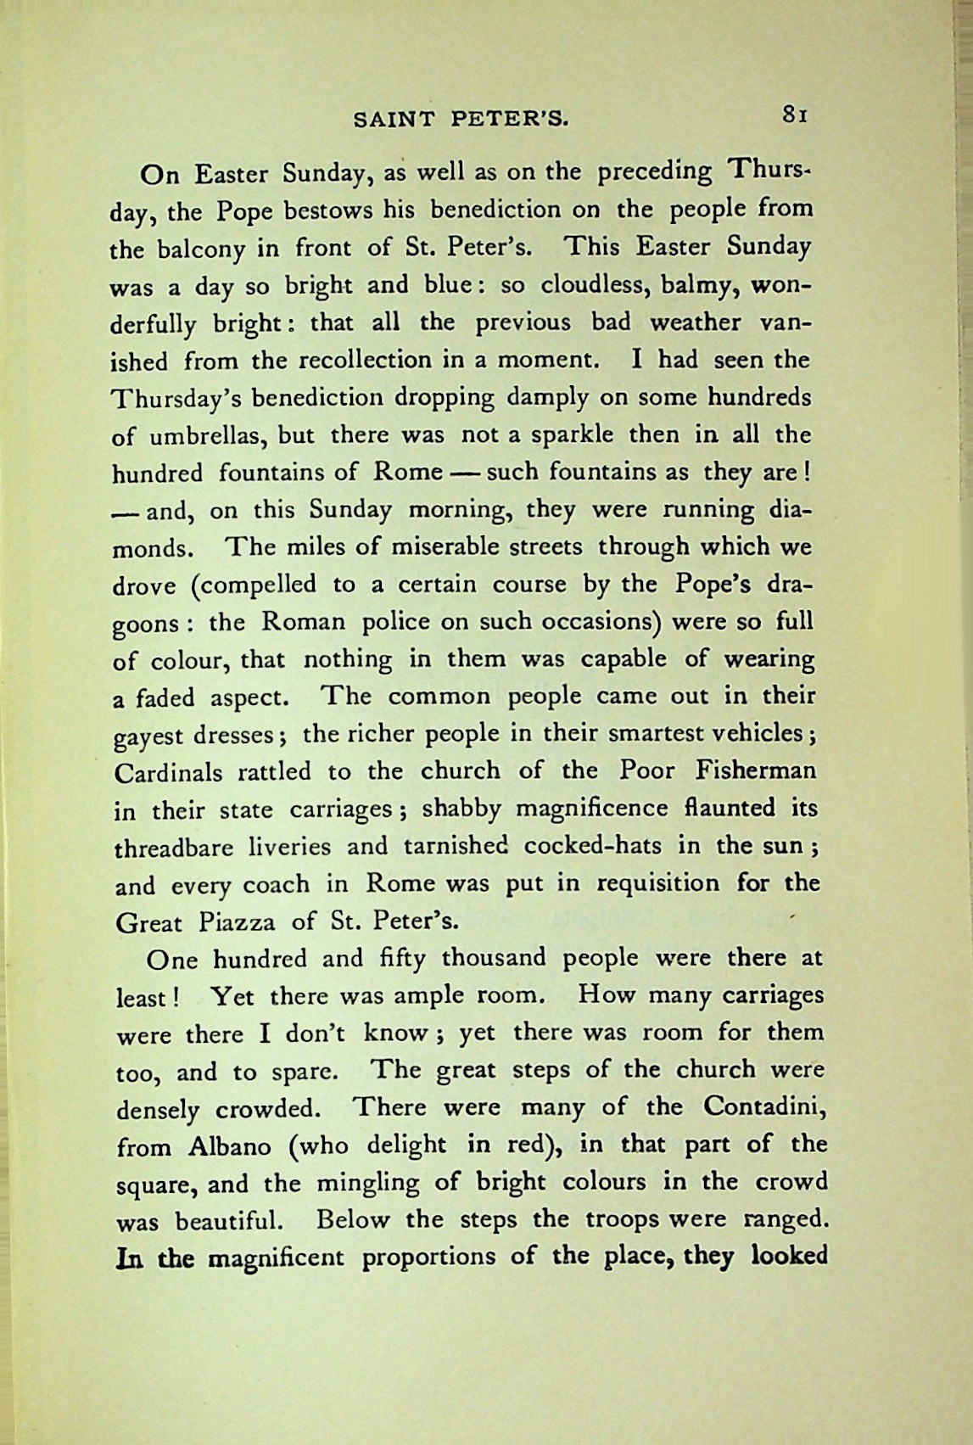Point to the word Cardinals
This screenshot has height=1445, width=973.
click(169, 773)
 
